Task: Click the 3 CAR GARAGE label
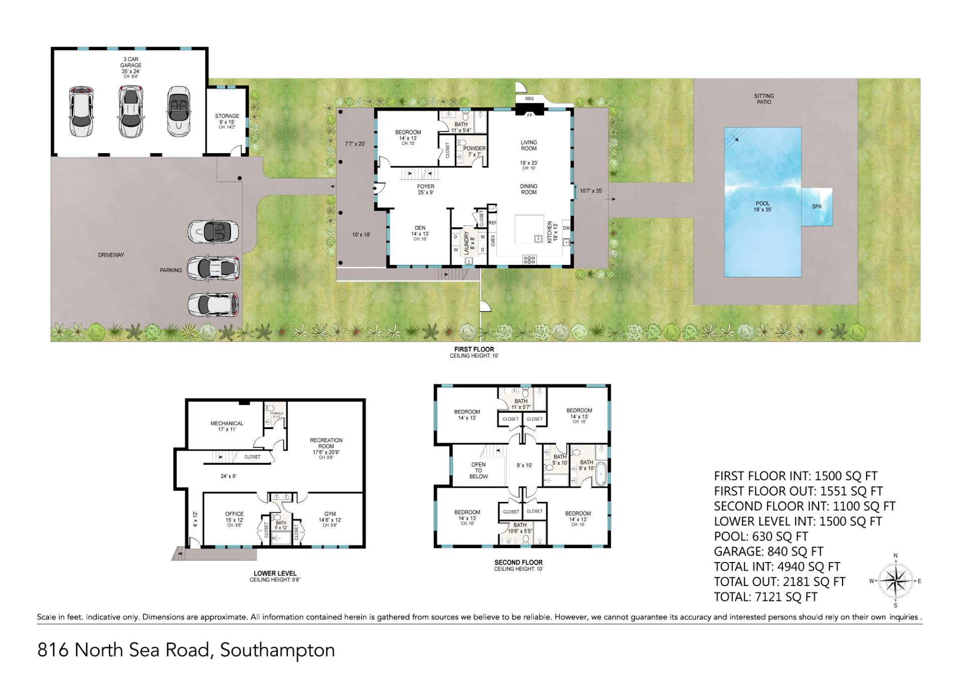pyautogui.click(x=130, y=65)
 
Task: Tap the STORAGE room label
pyautogui.click(x=227, y=119)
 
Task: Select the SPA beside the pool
pyautogui.click(x=817, y=206)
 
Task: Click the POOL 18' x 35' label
pyautogui.click(x=762, y=206)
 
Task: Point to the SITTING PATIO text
pyautogui.click(x=764, y=99)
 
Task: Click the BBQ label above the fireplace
pyautogui.click(x=529, y=99)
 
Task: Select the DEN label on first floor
pyautogui.click(x=419, y=230)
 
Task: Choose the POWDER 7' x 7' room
pyautogui.click(x=474, y=151)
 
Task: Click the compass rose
pyautogui.click(x=896, y=581)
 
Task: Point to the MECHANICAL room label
pyautogui.click(x=227, y=426)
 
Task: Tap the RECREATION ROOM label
pyautogui.click(x=326, y=446)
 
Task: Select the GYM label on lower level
pyautogui.click(x=330, y=517)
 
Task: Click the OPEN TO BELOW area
pyautogui.click(x=478, y=470)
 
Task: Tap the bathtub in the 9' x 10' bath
pyautogui.click(x=601, y=475)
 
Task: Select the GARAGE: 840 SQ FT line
pyautogui.click(x=768, y=552)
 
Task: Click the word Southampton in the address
pyautogui.click(x=277, y=650)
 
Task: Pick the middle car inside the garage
pyautogui.click(x=130, y=111)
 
